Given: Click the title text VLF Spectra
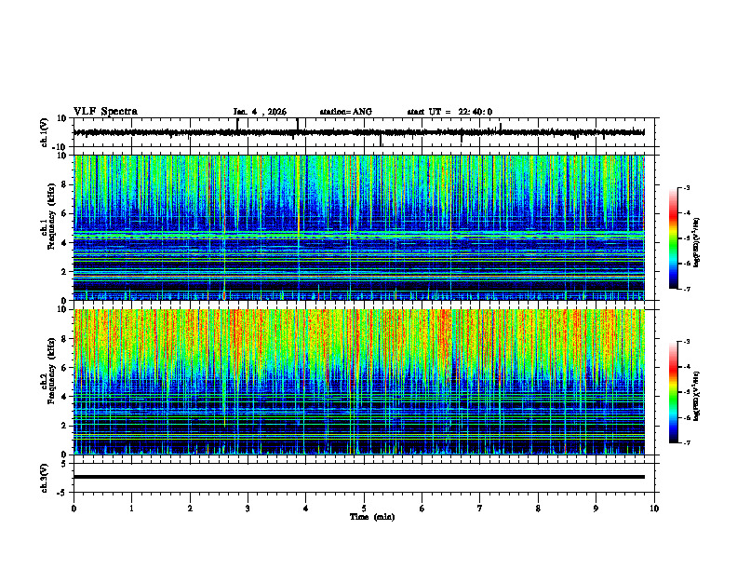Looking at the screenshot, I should click(x=105, y=112).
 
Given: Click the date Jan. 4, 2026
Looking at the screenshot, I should click(x=262, y=112).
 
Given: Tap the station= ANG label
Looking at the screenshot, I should click(x=345, y=112).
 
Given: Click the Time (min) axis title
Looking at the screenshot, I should click(x=371, y=516).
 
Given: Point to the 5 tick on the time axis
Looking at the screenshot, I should click(x=364, y=508).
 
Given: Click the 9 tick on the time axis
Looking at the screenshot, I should click(x=596, y=508).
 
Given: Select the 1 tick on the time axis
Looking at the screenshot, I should click(x=132, y=508).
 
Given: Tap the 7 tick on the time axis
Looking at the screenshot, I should click(x=480, y=508).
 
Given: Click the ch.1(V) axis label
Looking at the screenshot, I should click(x=45, y=132).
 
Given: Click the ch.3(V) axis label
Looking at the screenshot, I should click(x=45, y=476).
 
